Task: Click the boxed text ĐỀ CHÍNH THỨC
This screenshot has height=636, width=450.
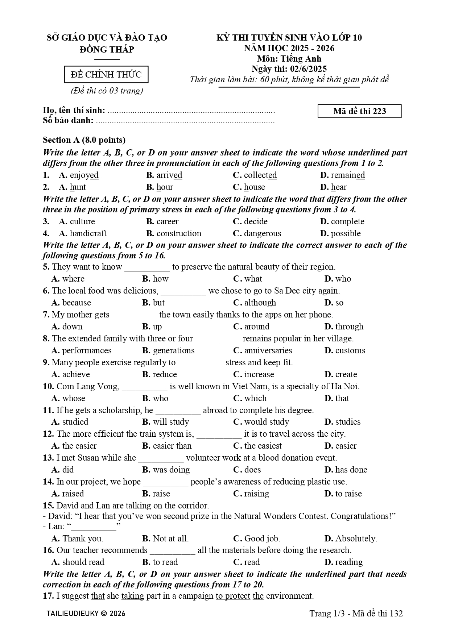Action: coord(106,75)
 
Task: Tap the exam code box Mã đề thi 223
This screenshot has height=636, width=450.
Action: coord(359,111)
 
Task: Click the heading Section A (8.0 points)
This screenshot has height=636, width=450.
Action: coord(84,140)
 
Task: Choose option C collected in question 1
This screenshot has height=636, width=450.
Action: coord(260,175)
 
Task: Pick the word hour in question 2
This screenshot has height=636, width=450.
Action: coord(165,187)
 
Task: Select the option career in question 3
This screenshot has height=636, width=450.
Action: coord(167,221)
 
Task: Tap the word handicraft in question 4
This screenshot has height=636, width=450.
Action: coord(88,233)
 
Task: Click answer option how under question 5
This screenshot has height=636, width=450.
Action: coord(161,279)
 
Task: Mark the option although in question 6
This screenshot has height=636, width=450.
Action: coord(260,303)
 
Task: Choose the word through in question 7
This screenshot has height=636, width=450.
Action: coord(349,327)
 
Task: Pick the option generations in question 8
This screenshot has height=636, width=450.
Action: coord(174,350)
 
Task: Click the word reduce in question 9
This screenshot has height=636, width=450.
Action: coord(165,374)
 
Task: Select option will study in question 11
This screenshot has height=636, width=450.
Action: coord(171,422)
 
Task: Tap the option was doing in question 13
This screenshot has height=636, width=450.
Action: coord(171,470)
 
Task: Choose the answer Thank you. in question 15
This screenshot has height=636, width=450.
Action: coord(83,539)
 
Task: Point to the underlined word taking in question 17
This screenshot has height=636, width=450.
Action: coord(133,596)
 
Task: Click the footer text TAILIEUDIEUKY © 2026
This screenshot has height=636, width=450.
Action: coord(86,614)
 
